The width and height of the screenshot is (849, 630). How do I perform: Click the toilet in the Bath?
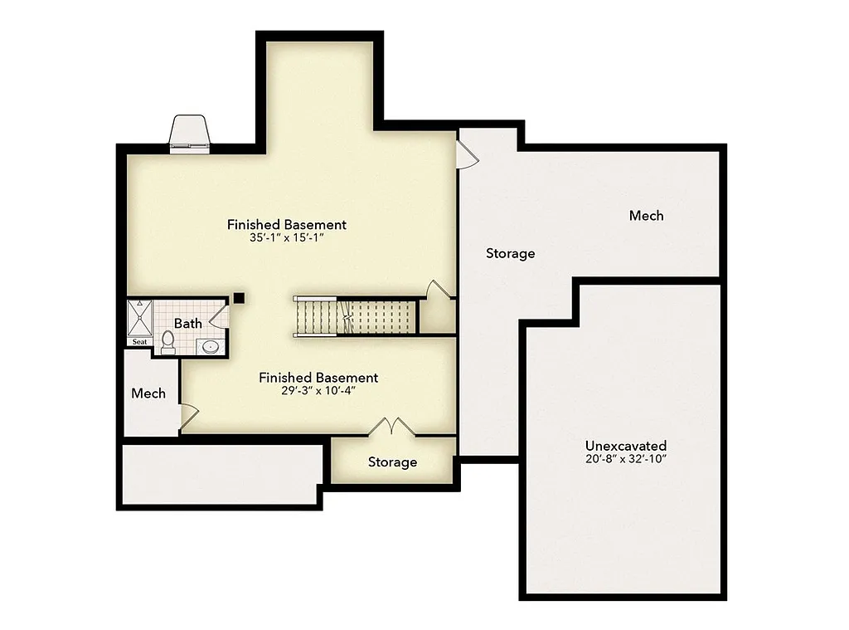click(167, 341)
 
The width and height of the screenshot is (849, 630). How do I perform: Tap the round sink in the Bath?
click(211, 347)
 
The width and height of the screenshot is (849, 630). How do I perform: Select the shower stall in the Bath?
click(139, 317)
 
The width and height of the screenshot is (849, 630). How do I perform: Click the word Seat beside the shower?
click(139, 342)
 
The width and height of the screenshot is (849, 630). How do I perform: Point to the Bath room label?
click(187, 323)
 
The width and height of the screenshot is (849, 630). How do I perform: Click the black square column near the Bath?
click(239, 297)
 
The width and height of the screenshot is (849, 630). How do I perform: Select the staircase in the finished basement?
click(354, 316)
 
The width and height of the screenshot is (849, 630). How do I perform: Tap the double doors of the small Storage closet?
click(391, 427)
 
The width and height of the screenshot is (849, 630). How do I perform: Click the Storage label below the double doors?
click(392, 462)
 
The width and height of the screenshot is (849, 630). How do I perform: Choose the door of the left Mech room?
click(187, 413)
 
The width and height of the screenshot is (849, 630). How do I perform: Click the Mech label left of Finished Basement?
click(148, 393)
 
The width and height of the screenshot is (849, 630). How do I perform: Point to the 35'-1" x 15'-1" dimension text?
click(286, 237)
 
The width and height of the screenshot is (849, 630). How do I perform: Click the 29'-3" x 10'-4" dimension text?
click(318, 391)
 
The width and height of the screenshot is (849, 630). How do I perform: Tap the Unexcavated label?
click(625, 446)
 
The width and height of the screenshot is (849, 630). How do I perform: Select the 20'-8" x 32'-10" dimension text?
click(625, 458)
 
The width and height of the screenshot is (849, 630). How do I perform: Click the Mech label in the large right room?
click(646, 216)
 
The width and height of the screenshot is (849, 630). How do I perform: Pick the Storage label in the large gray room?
click(510, 253)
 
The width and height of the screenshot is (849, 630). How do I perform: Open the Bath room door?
click(220, 315)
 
